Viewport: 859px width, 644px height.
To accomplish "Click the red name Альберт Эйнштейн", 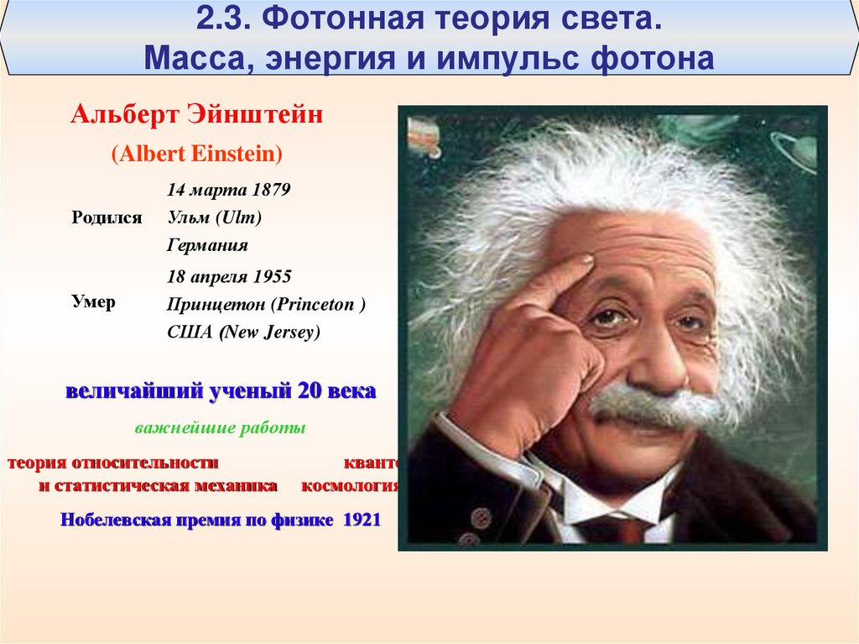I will (x=197, y=114).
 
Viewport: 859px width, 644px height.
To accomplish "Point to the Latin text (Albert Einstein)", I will (x=197, y=154).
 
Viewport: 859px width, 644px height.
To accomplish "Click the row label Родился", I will (x=107, y=217).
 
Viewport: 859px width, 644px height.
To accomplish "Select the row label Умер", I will (x=93, y=302).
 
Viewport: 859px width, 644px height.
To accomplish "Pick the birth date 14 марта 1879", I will (x=229, y=190).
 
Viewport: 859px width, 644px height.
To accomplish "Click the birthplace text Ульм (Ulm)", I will (x=215, y=217).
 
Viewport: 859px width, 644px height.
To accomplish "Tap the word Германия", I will (x=207, y=246).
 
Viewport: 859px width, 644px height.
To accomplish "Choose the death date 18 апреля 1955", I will (x=229, y=276).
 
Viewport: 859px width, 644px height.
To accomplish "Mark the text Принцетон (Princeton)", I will (x=266, y=305).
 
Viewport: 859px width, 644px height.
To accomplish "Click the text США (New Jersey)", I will (x=244, y=332).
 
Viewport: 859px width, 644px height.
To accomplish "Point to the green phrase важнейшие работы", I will (x=220, y=428).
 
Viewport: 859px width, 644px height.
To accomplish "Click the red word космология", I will (x=350, y=485).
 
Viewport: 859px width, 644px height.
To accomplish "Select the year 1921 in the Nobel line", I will (x=362, y=520).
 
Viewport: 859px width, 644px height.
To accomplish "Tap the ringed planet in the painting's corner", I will (x=796, y=152).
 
